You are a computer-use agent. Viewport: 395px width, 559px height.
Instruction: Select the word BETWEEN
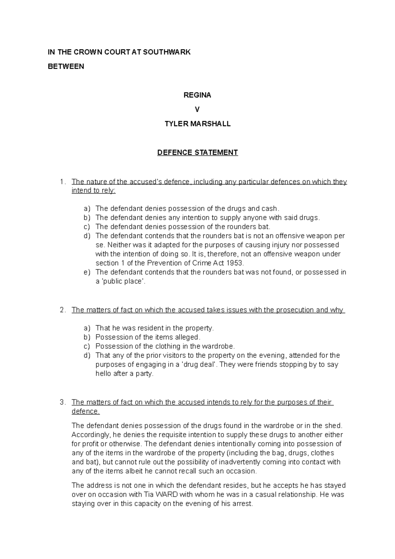coord(66,67)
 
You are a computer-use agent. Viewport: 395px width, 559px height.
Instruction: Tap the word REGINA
coord(197,95)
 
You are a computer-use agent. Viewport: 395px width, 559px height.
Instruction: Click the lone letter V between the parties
coord(197,110)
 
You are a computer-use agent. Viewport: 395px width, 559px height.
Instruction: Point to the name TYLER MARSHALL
coord(197,124)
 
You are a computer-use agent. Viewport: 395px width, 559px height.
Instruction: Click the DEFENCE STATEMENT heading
coord(197,153)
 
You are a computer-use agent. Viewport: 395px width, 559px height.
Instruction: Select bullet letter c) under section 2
coord(87,346)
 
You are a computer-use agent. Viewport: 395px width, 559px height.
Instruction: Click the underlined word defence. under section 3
coord(85,412)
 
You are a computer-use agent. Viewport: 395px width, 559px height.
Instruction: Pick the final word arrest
coord(243,504)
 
